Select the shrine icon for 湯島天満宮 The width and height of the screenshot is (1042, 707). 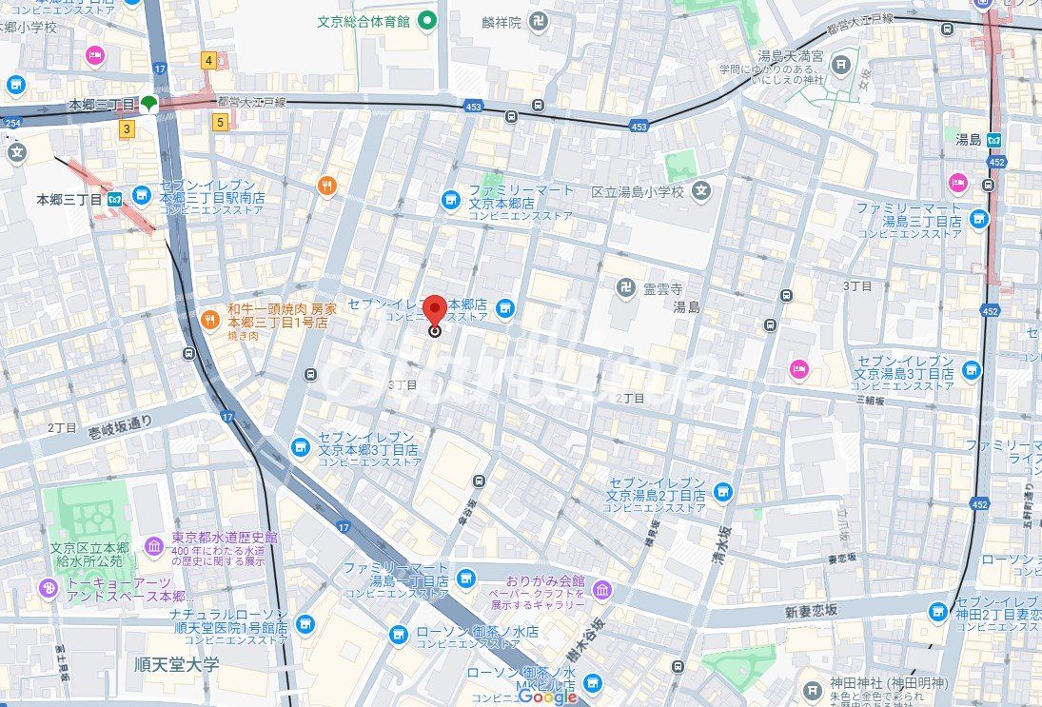click(x=841, y=65)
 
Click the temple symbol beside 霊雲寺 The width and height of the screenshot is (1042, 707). click(x=624, y=287)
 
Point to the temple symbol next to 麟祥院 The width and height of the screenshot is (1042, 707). click(x=539, y=21)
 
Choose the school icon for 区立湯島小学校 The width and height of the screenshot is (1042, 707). click(x=701, y=191)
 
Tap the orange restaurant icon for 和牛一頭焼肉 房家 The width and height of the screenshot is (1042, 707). click(x=208, y=317)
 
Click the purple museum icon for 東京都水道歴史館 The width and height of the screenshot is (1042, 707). click(x=154, y=546)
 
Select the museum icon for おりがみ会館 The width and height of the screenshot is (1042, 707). click(x=601, y=590)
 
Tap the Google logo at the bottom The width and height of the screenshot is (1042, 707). click(x=548, y=697)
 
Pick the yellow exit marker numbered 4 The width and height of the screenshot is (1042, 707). click(x=208, y=61)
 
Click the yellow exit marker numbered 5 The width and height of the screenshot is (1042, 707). click(x=220, y=121)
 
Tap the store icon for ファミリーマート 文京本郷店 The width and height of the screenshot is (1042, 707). click(x=450, y=200)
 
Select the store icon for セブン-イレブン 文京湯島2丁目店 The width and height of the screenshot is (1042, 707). click(x=723, y=491)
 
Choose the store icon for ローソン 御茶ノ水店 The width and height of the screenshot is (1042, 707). click(x=400, y=632)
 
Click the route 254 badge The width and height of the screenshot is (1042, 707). click(x=11, y=123)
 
